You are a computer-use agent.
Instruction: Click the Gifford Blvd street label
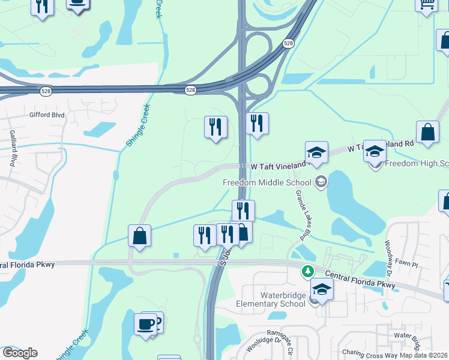click(46, 114)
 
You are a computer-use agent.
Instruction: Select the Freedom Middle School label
click(267, 182)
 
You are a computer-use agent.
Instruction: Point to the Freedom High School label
click(416, 164)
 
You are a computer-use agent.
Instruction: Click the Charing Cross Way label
click(366, 353)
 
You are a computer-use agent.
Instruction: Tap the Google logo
click(20, 353)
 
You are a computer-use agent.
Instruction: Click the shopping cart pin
click(426, 4)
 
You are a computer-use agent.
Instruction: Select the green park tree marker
click(308, 272)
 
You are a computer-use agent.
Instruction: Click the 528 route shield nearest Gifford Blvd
click(46, 91)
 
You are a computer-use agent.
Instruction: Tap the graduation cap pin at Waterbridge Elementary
click(322, 290)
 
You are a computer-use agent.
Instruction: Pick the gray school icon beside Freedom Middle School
click(322, 182)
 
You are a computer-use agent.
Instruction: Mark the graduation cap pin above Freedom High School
click(375, 151)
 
